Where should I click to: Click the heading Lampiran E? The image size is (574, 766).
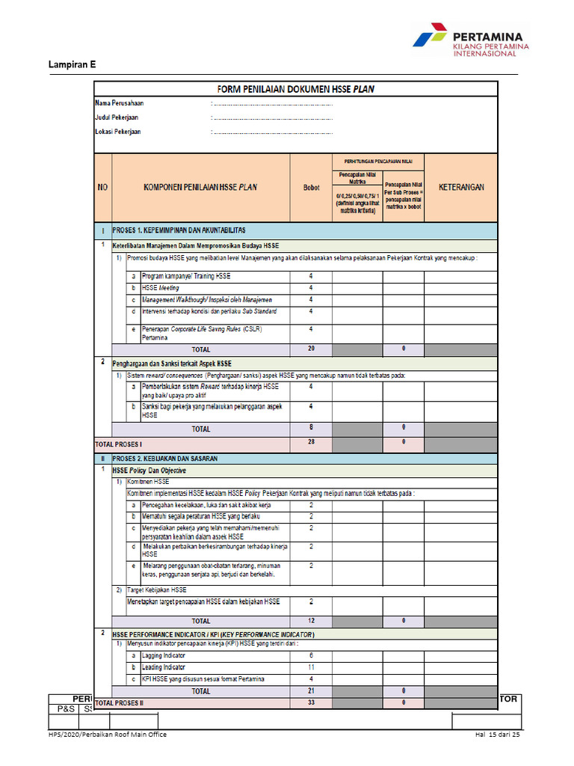pos(72,65)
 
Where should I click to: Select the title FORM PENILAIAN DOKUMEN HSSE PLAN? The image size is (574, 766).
pos(295,89)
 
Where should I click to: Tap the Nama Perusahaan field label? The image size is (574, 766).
pos(119,102)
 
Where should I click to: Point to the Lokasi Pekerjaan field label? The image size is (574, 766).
pos(117,132)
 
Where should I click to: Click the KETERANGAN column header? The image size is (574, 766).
pos(461,187)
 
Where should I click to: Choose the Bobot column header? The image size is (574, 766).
pos(311,188)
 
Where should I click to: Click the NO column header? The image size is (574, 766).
pos(102,188)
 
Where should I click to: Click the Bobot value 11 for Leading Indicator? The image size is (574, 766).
pos(311,667)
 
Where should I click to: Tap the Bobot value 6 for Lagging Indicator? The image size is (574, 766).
pos(311,655)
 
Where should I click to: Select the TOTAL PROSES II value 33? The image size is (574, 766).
pos(311,703)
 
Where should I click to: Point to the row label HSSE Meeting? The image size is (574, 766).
pos(160,287)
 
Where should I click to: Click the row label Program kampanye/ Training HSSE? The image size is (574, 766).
pos(186,276)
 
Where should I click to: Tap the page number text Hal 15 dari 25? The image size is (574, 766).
pos(497,735)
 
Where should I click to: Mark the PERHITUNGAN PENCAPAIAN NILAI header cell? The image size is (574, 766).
pos(377,160)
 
